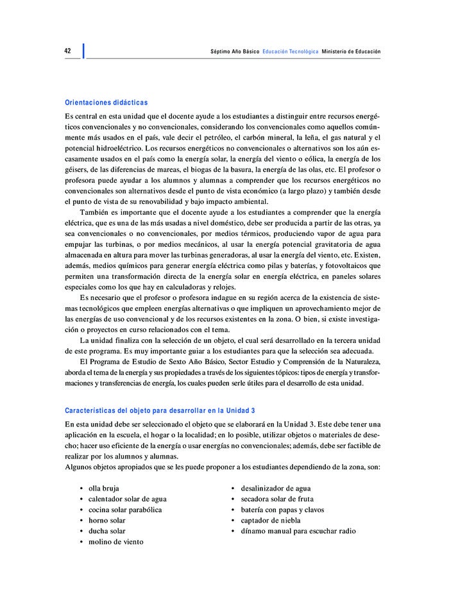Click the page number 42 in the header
(x=68, y=51)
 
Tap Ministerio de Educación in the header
(x=351, y=51)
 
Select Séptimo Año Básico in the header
(x=235, y=51)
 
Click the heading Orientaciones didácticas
(x=106, y=103)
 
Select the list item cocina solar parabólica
(x=125, y=510)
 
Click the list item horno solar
(x=107, y=521)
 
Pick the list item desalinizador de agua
(x=276, y=489)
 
